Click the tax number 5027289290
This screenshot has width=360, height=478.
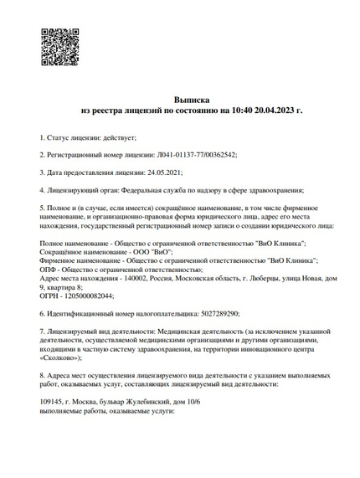click(x=221, y=315)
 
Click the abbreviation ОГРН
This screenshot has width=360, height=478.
click(x=49, y=296)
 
